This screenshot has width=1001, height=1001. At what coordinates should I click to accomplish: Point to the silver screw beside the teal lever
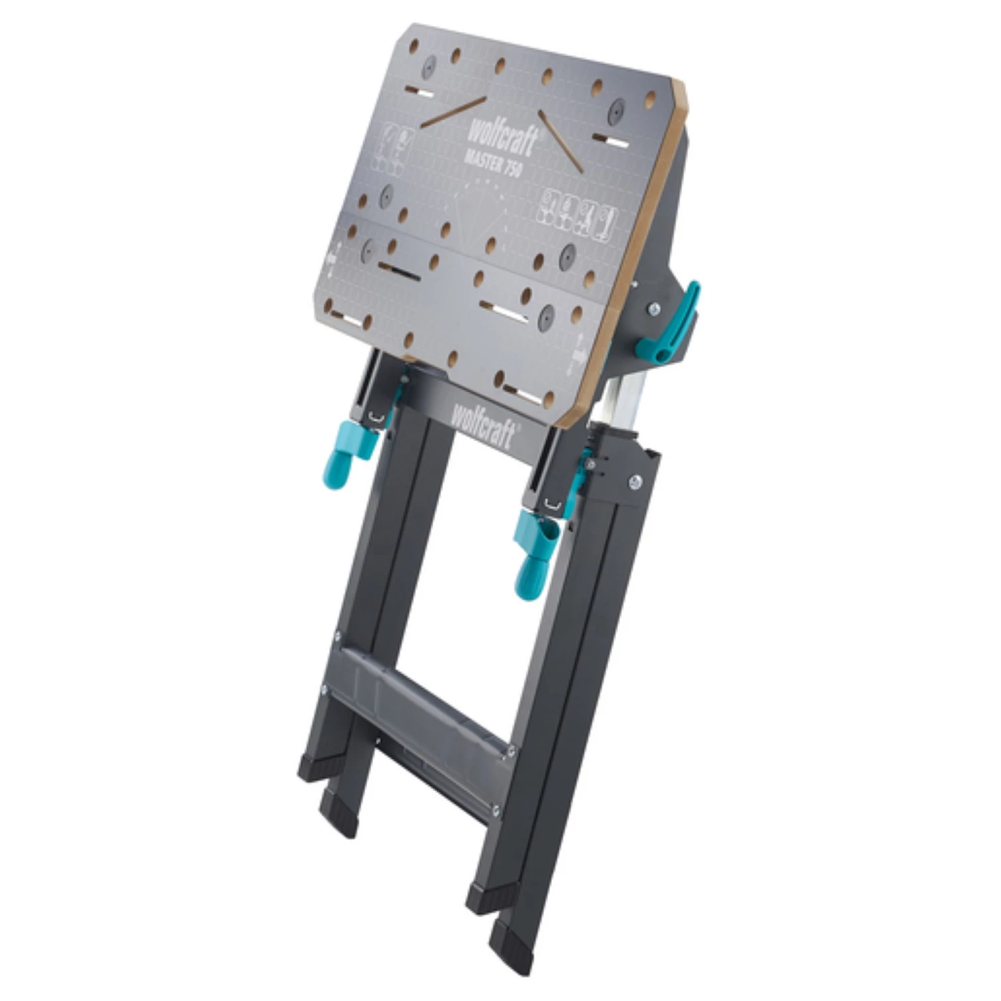tap(655, 308)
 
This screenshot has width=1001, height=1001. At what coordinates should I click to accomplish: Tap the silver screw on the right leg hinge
tap(634, 480)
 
